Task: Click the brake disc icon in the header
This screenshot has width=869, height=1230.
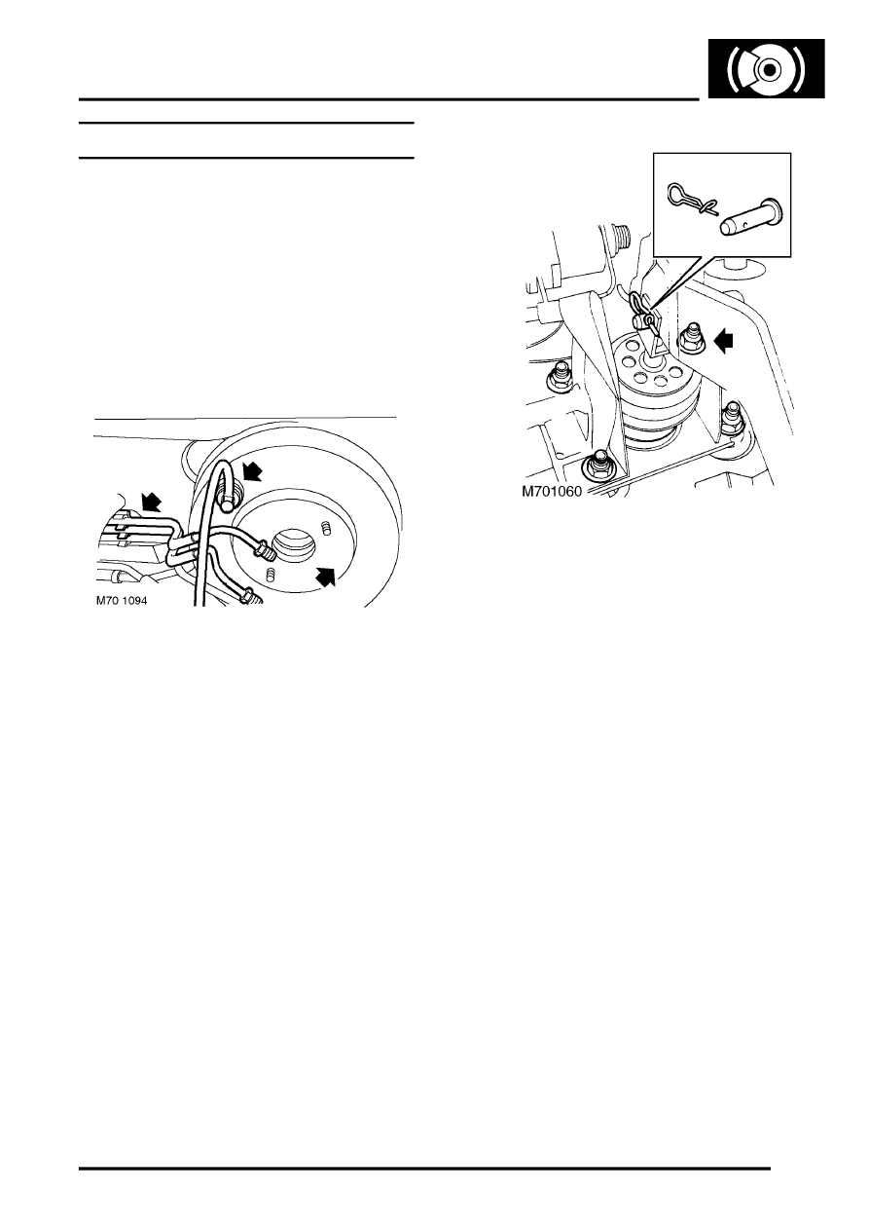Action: [767, 68]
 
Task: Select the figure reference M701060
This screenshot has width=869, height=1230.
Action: [552, 492]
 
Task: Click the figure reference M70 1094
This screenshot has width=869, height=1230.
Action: [122, 601]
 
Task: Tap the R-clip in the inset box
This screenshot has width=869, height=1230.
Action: [690, 200]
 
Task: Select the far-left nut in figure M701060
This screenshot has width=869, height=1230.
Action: [561, 376]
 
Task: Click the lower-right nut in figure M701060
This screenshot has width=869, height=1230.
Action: [733, 419]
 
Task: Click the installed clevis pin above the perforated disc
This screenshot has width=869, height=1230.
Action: [642, 319]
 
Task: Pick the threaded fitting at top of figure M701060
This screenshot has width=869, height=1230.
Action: [620, 238]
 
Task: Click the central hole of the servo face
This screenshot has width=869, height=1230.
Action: [294, 545]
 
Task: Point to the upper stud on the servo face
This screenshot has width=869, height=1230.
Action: [326, 527]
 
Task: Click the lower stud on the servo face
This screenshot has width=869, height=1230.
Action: [270, 575]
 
